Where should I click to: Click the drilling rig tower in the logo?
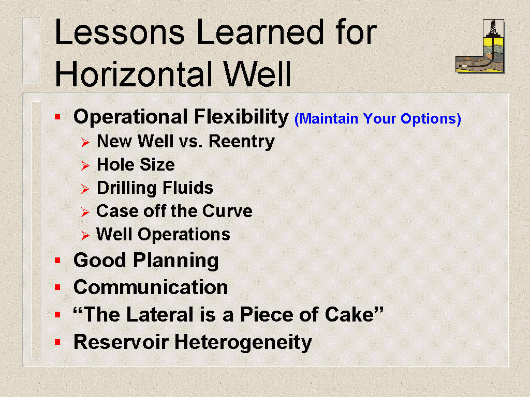point(493,28)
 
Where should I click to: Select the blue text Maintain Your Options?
point(377,119)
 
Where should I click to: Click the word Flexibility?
point(241,117)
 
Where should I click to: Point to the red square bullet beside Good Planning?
point(57,261)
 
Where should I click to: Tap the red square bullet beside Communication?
point(57,287)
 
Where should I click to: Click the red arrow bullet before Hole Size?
point(85,165)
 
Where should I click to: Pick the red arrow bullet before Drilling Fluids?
point(85,189)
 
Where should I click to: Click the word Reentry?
point(241,141)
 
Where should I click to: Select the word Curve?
point(227,211)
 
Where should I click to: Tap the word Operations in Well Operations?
point(184,234)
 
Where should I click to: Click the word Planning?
point(176,261)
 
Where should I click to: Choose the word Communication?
point(151,287)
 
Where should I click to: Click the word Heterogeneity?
point(243,342)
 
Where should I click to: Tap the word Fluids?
point(188,188)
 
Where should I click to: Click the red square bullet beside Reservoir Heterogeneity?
point(57,342)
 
